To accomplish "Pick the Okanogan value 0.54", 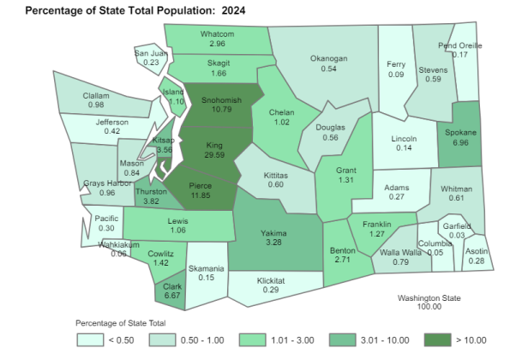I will tap(328, 69).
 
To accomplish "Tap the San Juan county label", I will tap(151, 53).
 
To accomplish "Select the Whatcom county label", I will tap(205, 33).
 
